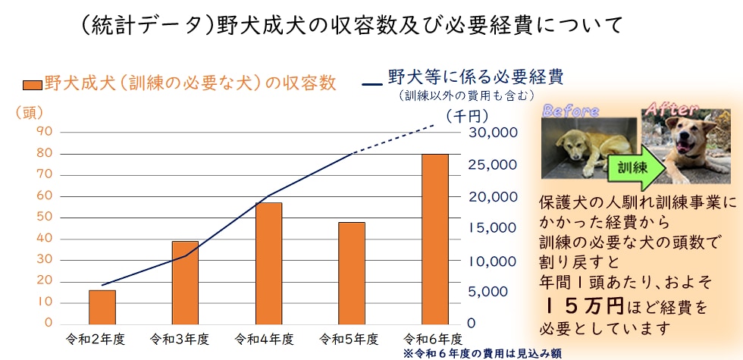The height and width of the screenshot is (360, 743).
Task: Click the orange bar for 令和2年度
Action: (102, 307)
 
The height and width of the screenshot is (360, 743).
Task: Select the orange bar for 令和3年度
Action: (185, 283)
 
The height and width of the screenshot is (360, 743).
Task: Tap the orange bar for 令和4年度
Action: (268, 263)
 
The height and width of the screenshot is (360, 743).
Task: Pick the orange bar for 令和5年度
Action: (352, 273)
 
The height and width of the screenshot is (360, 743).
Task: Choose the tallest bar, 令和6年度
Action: (435, 239)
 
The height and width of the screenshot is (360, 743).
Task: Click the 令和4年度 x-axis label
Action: (264, 338)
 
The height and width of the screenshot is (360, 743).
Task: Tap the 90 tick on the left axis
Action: (44, 132)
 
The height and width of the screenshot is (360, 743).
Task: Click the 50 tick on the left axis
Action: (44, 217)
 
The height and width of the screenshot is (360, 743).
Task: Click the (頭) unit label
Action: (30, 112)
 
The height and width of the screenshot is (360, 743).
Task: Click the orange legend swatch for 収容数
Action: (31, 83)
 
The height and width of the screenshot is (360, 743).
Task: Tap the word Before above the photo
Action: (570, 111)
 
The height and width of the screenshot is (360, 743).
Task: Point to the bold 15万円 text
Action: (584, 306)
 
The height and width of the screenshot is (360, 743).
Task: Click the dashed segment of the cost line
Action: (394, 139)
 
